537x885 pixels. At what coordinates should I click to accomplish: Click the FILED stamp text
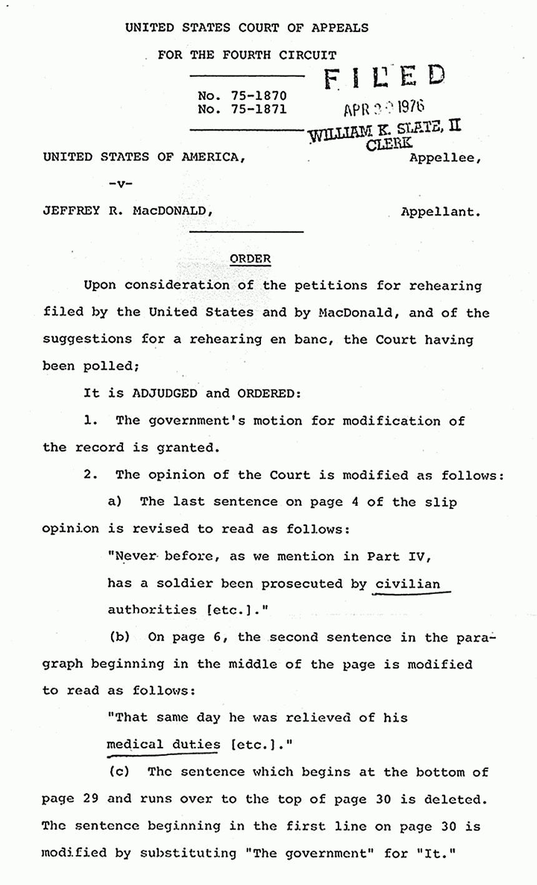[383, 79]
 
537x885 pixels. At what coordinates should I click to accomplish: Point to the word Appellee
[445, 157]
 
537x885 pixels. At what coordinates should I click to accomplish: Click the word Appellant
[441, 212]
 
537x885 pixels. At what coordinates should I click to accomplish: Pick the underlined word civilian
[408, 584]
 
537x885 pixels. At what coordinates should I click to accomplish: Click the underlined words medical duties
[164, 744]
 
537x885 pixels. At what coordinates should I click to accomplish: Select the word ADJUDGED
[164, 393]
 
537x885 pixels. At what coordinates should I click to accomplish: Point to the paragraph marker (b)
[119, 638]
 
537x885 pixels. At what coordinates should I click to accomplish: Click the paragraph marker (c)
[119, 771]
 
